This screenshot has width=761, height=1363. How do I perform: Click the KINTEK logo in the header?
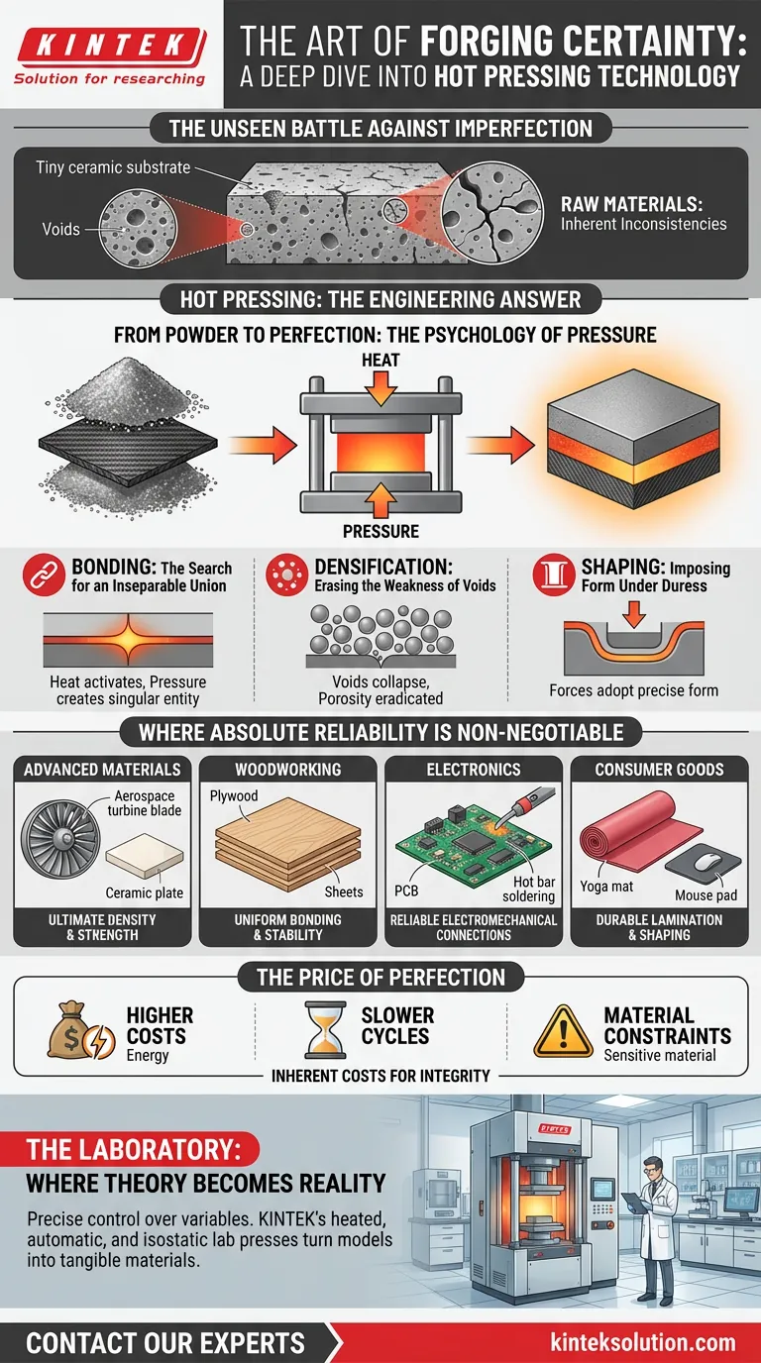[x=112, y=45]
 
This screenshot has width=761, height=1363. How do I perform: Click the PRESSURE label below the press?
[x=380, y=531]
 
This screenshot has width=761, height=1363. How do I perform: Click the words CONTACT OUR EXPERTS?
[x=165, y=1342]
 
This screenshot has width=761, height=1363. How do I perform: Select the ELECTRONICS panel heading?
[x=474, y=769]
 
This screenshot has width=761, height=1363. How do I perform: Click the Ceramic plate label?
[x=145, y=893]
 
